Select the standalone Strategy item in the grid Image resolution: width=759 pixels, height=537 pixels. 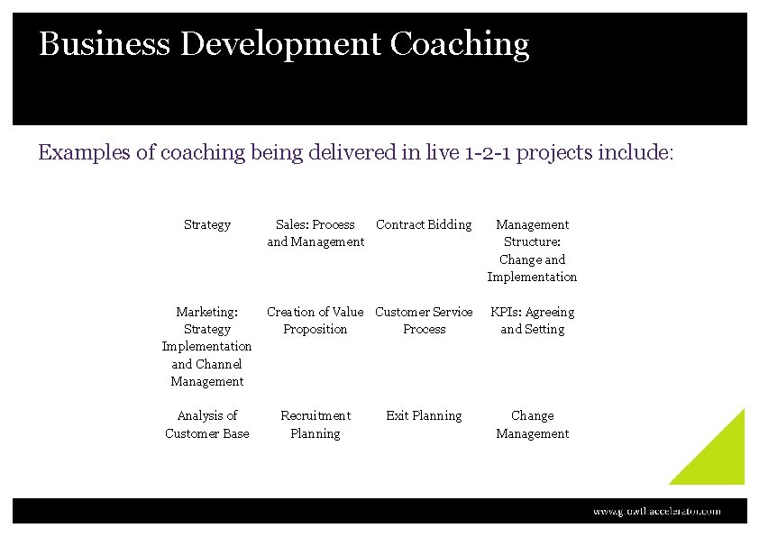(206, 224)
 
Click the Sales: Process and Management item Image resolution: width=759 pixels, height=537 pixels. (315, 233)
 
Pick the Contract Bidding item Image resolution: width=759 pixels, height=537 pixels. (424, 224)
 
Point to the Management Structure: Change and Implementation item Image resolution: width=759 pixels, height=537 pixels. (532, 250)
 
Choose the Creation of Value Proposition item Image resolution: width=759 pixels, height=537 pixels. (315, 321)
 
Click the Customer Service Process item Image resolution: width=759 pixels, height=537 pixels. (424, 321)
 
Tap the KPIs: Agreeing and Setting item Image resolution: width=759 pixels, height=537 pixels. (532, 321)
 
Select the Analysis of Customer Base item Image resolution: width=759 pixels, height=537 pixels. (206, 424)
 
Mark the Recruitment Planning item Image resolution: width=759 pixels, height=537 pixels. (315, 424)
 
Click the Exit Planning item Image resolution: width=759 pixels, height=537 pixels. (424, 415)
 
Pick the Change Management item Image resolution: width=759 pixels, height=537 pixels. (532, 424)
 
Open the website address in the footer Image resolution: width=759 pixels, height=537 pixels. (656, 511)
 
